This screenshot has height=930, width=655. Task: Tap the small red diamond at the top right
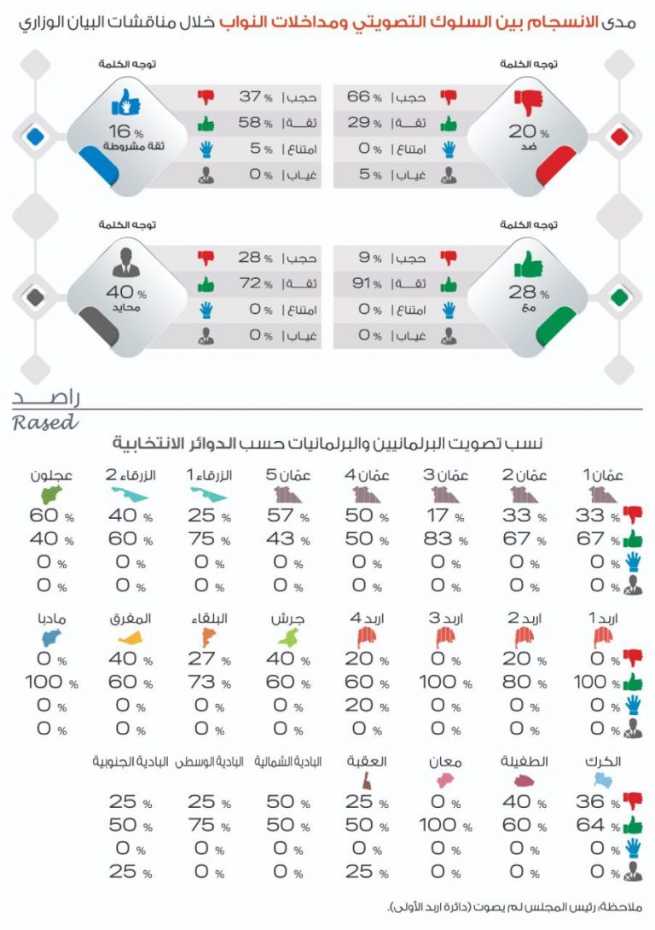click(x=619, y=136)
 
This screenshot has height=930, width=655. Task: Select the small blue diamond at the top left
click(x=35, y=136)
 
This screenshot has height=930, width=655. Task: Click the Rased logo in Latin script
click(x=44, y=421)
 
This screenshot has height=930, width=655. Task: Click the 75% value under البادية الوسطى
click(x=203, y=825)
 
